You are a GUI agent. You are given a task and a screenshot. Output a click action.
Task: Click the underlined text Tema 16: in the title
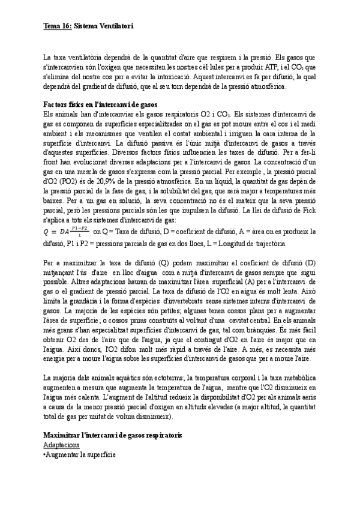[58, 26]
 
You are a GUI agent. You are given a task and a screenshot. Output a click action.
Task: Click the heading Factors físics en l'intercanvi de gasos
[100, 104]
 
